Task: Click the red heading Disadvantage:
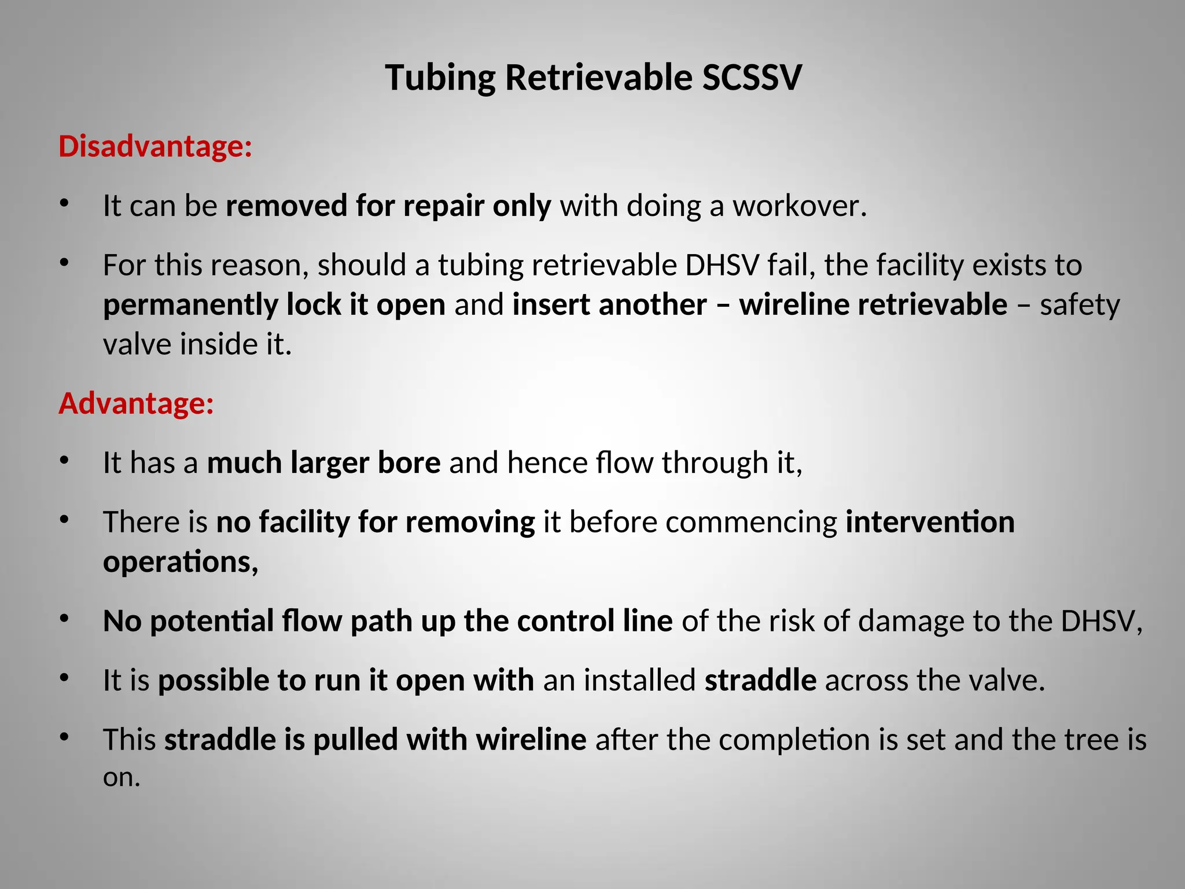(x=155, y=146)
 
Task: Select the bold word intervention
(x=930, y=522)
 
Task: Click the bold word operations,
(x=180, y=562)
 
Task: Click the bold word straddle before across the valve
(x=760, y=680)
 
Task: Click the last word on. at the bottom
(x=122, y=777)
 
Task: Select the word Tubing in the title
(x=440, y=78)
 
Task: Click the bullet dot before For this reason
(x=64, y=263)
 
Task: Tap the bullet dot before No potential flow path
(x=64, y=619)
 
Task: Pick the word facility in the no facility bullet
(x=304, y=522)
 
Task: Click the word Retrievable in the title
(x=598, y=78)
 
